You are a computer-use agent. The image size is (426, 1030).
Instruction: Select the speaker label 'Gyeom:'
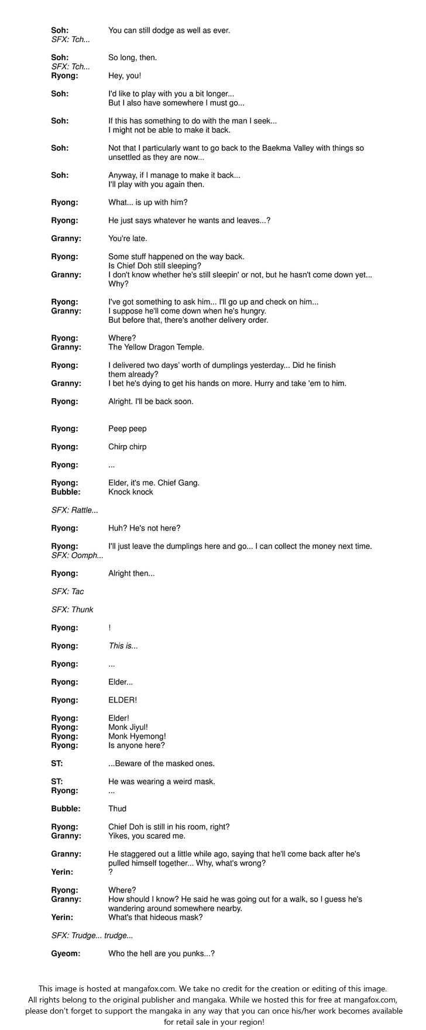[66, 953]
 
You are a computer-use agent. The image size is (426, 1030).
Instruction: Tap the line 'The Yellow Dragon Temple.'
[156, 347]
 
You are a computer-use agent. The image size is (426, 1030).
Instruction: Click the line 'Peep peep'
[128, 429]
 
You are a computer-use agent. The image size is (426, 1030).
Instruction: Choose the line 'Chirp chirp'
[128, 447]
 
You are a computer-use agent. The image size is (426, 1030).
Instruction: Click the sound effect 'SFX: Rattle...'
[74, 510]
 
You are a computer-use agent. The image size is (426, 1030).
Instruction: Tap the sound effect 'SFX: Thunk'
[72, 609]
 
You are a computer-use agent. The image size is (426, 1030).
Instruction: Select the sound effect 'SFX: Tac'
[67, 591]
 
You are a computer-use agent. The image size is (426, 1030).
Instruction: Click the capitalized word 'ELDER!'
[122, 700]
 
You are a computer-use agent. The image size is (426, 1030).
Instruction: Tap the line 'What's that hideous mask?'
[156, 917]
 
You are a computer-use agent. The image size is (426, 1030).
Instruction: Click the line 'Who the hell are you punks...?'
[162, 953]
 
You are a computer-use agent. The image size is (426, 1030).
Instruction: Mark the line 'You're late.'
[128, 239]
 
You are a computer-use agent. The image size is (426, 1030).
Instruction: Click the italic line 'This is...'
[123, 646]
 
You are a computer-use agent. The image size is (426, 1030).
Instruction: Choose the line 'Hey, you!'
[125, 75]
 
